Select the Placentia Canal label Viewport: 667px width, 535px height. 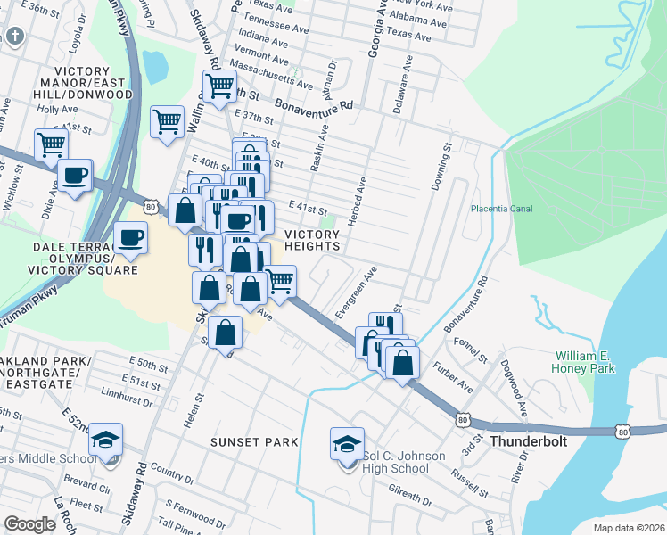(501, 209)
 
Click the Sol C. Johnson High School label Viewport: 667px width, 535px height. (404, 463)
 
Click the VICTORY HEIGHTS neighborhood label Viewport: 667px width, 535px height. (312, 240)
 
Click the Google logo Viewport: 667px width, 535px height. (29, 524)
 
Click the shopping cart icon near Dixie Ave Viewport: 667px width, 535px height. (52, 144)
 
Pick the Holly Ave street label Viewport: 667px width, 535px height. (57, 110)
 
